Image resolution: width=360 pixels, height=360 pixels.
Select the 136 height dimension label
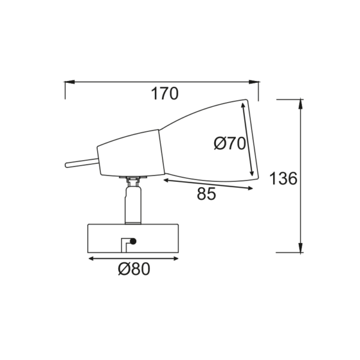coord(283,179)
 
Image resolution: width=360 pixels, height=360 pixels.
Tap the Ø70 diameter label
coord(230,143)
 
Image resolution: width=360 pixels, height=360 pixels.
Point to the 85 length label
coord(206,194)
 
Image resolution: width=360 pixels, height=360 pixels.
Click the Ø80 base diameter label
coord(133,269)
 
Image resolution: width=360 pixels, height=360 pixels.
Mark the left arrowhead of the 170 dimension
coord(68,82)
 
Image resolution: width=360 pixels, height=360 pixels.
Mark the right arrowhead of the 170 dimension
coord(255,82)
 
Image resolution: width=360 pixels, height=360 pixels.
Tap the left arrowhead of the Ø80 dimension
coord(92,259)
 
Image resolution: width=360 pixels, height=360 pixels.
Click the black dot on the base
coord(133,241)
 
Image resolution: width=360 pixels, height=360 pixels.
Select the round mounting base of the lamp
coord(133,238)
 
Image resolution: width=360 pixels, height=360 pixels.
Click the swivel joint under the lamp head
coord(133,179)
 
